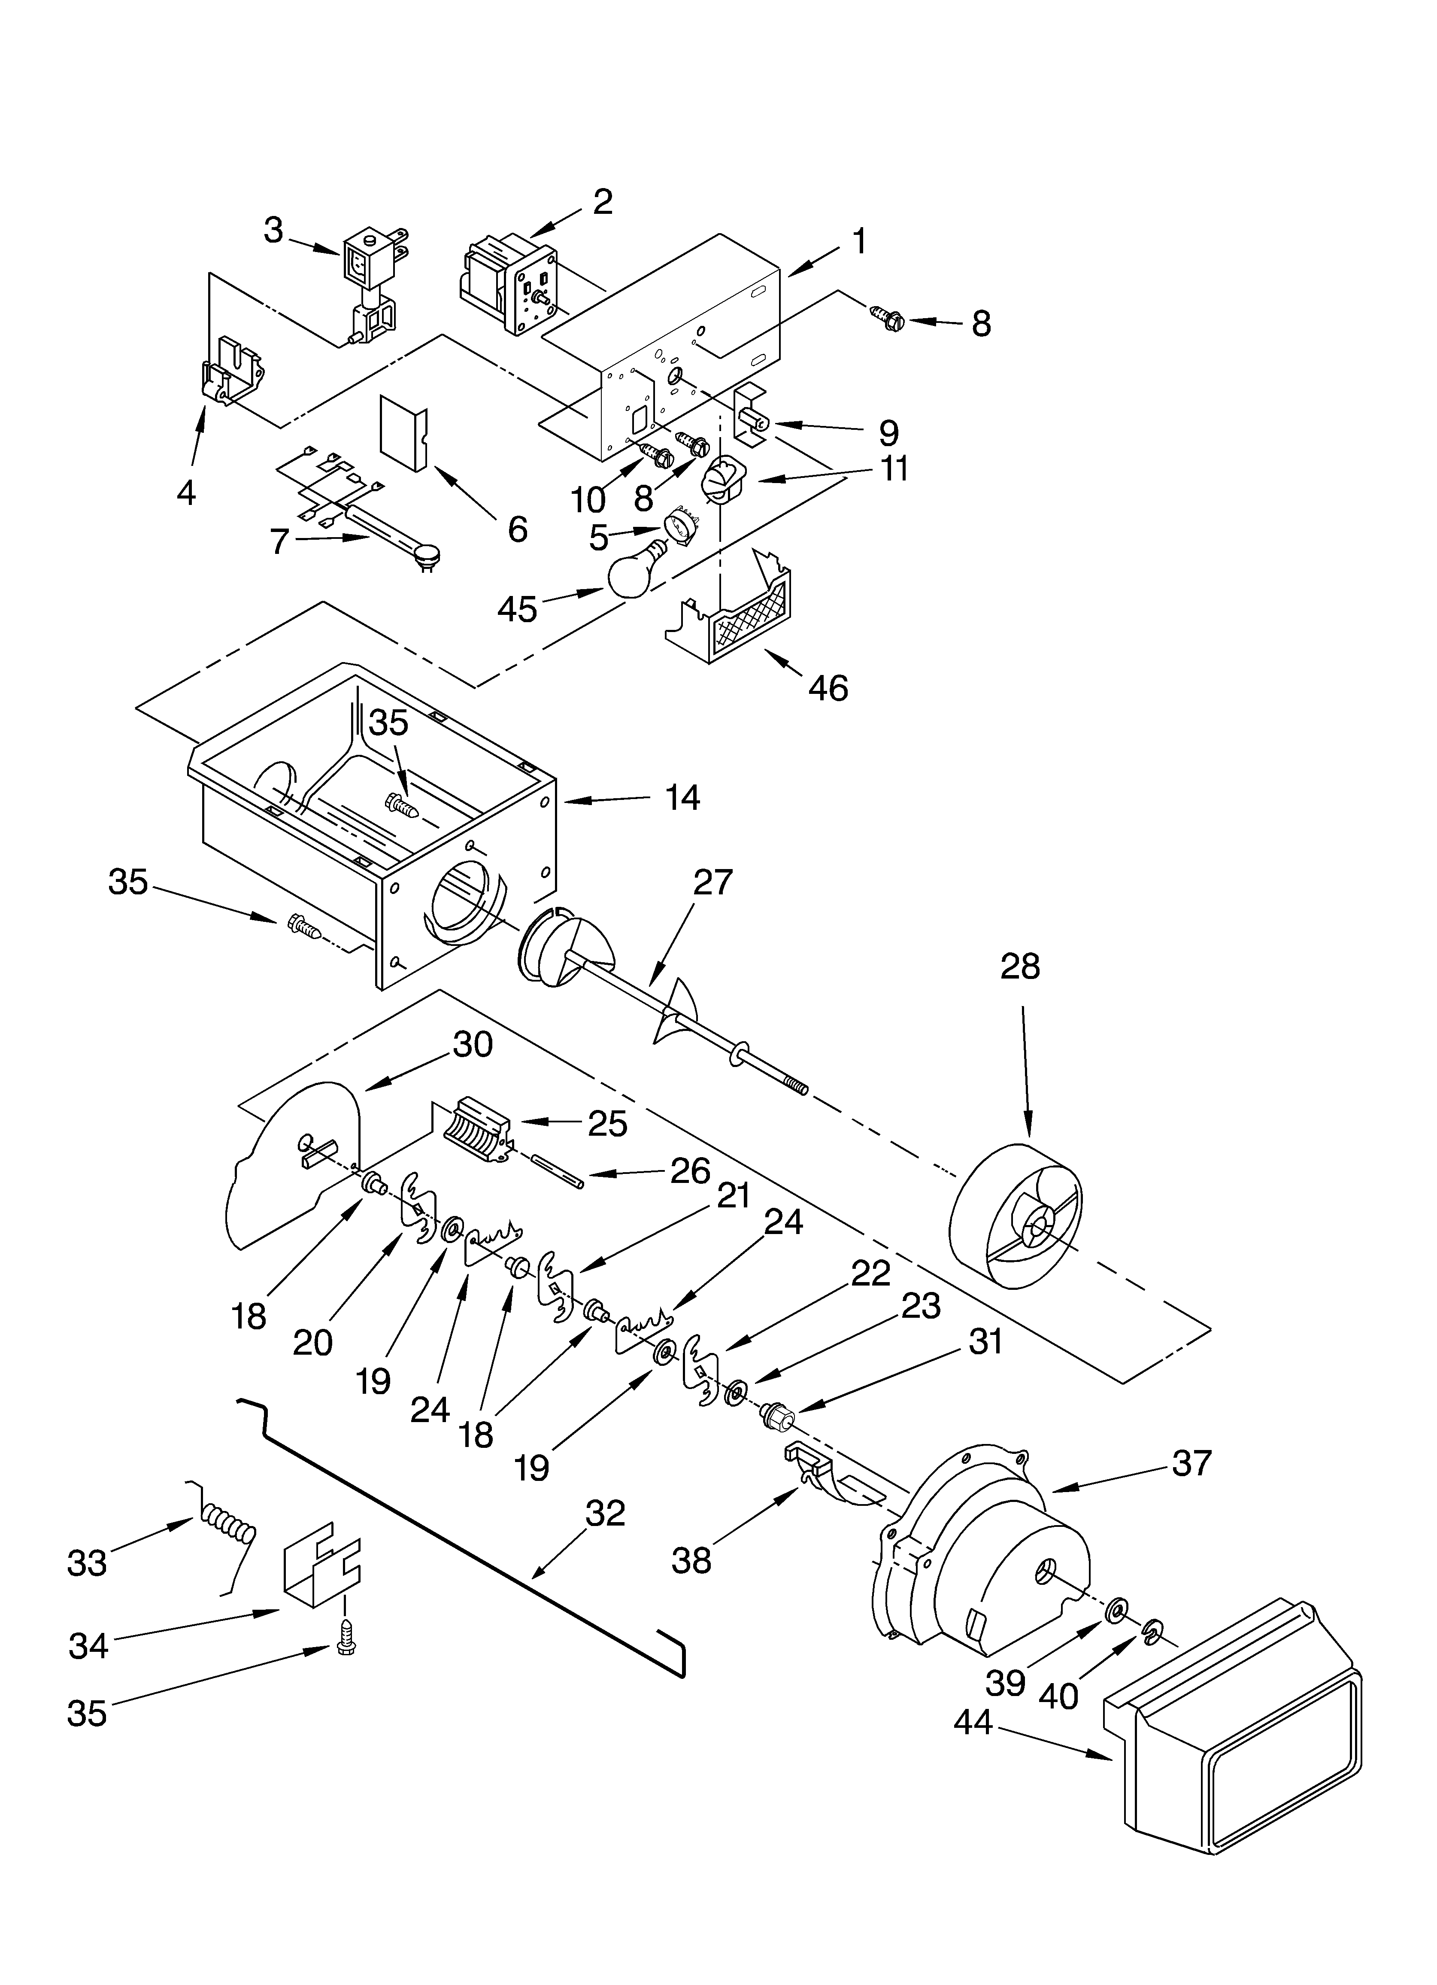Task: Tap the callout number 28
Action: tap(1019, 967)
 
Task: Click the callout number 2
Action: tap(602, 202)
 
